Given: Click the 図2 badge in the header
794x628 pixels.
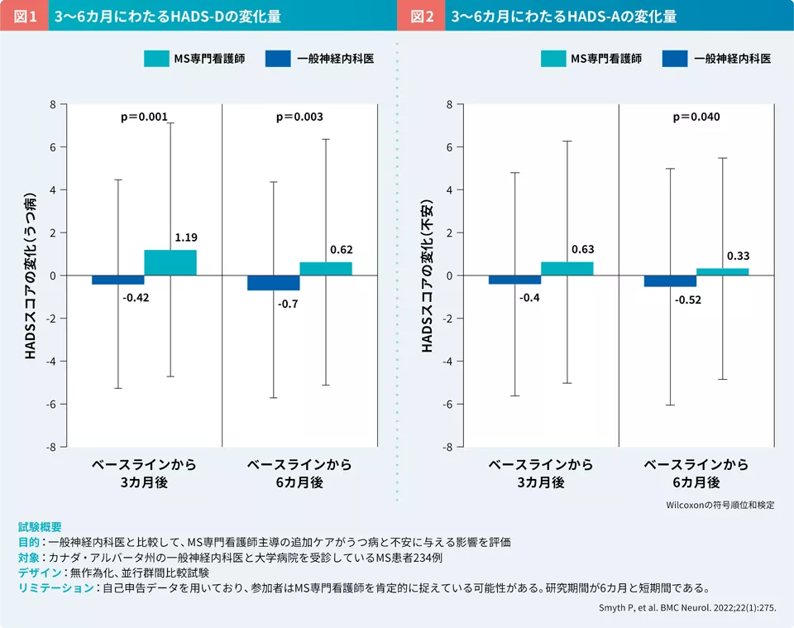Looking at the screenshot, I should click(x=421, y=16).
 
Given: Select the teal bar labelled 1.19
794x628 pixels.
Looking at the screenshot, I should click(x=170, y=262).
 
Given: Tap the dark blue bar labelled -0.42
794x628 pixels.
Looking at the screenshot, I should click(x=117, y=280).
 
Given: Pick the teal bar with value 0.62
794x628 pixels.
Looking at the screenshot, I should click(x=326, y=268).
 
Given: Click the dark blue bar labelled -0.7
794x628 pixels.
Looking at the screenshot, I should click(x=274, y=283).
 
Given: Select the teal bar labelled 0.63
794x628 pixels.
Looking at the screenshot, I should click(x=567, y=268).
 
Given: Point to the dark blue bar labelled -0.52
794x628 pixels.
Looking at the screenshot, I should click(x=671, y=281).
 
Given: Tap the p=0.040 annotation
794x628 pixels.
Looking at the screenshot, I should click(x=696, y=117).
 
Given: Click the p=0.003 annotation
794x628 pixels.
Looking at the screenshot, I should click(x=299, y=117).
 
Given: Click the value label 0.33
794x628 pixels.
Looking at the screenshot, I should click(x=738, y=256).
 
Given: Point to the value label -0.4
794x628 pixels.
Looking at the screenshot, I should click(x=530, y=298).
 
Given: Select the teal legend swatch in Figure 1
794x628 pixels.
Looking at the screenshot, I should click(x=155, y=59).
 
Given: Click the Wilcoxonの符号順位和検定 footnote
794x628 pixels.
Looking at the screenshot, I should click(x=720, y=504).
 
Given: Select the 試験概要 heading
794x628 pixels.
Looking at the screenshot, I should click(x=40, y=527).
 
